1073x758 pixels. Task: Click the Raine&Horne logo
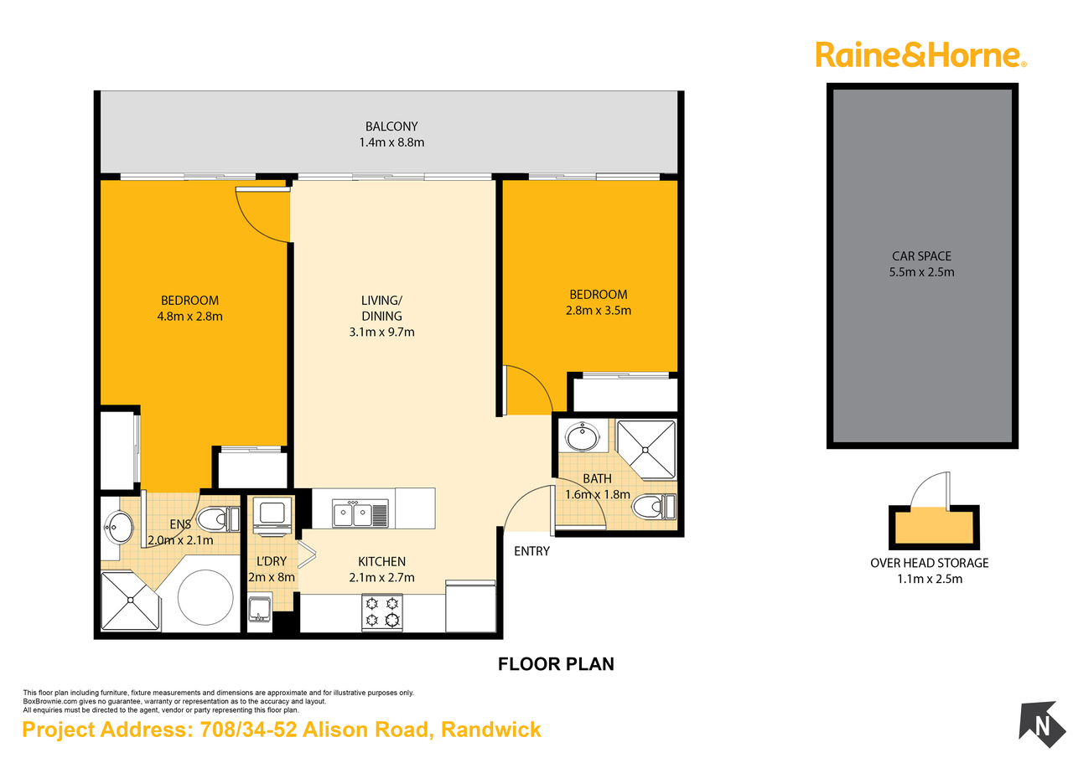pyautogui.click(x=920, y=56)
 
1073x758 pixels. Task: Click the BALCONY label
pyautogui.click(x=391, y=126)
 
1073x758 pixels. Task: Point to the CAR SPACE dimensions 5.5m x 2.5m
pyautogui.click(x=921, y=272)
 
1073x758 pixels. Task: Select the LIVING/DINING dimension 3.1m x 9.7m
pyautogui.click(x=381, y=333)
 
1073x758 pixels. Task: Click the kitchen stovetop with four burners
pyautogui.click(x=381, y=612)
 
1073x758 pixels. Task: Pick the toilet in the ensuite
pyautogui.click(x=218, y=519)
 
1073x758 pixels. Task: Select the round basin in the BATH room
pyautogui.click(x=582, y=436)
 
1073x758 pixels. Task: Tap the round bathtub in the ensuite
pyautogui.click(x=205, y=598)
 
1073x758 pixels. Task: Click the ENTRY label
pyautogui.click(x=531, y=551)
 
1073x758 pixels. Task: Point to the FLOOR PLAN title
pyautogui.click(x=556, y=664)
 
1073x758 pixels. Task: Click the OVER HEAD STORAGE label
pyautogui.click(x=930, y=563)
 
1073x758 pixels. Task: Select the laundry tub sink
pyautogui.click(x=259, y=610)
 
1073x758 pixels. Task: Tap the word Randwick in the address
pyautogui.click(x=490, y=730)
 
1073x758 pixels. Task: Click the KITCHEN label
pyautogui.click(x=381, y=562)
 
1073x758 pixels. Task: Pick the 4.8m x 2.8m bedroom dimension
pyautogui.click(x=189, y=317)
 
